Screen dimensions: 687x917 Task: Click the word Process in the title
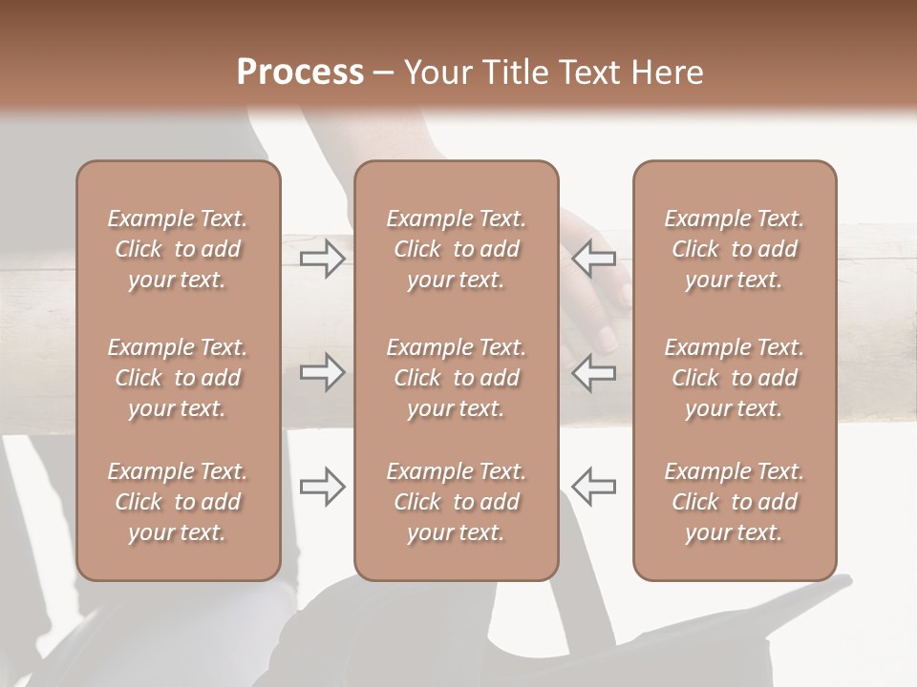300,73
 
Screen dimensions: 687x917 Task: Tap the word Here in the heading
667,73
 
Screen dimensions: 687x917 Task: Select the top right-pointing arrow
322,259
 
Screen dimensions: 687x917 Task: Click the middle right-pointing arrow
322,372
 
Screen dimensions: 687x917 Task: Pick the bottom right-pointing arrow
322,487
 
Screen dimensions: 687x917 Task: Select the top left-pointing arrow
594,259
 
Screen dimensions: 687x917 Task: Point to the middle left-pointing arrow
594,372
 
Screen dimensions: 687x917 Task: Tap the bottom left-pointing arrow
594,487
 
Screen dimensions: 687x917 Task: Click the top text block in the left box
178,249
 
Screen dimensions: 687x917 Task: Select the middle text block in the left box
178,378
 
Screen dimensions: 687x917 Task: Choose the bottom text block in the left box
178,502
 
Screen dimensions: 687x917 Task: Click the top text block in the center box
456,249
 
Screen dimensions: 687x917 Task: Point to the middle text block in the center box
456,378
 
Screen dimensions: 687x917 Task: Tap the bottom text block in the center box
456,502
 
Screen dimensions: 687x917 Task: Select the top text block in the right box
734,249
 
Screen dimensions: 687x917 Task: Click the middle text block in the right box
734,378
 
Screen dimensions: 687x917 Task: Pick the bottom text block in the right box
734,502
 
